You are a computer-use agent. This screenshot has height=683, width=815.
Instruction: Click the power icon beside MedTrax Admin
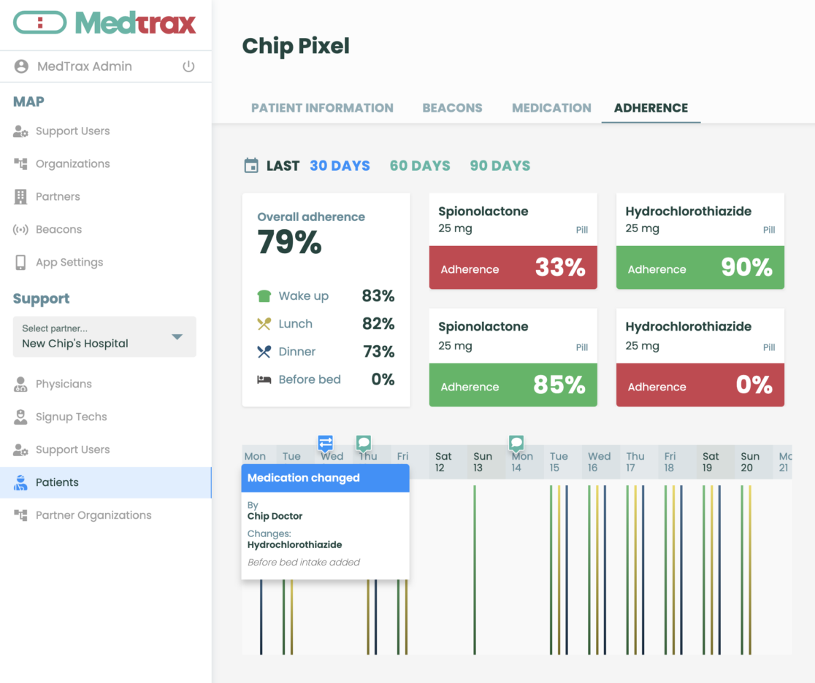point(188,66)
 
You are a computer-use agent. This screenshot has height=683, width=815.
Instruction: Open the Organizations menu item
point(72,164)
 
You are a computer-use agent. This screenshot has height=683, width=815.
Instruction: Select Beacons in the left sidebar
point(58,230)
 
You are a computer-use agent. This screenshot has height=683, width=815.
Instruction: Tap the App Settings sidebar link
point(69,263)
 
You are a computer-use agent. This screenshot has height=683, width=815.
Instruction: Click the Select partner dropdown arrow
point(177,337)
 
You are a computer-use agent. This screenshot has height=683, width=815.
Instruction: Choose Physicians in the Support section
point(64,384)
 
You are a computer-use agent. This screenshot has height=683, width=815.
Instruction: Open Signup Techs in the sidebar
point(71,417)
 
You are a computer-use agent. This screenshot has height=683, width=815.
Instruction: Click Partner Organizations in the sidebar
point(93,515)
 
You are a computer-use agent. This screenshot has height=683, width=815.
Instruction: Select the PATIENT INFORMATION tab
point(322,108)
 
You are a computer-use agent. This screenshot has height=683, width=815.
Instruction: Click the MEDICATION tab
point(551,108)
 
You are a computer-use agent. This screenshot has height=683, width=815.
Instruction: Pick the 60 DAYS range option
point(420,166)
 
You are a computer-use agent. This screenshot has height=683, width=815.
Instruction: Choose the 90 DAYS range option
point(500,166)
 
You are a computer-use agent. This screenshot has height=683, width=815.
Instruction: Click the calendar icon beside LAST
point(251,166)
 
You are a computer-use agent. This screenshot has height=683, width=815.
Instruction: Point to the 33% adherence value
point(560,268)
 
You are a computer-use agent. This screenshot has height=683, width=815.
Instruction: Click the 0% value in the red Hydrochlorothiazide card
point(754,385)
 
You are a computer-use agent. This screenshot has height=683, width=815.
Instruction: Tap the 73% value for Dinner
point(379,352)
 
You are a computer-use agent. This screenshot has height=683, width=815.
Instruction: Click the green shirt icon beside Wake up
point(264,296)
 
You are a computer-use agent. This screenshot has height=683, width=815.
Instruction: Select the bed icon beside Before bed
point(264,379)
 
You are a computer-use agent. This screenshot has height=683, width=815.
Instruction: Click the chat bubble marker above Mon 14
point(516,443)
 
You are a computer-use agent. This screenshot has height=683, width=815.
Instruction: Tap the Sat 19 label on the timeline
point(711,462)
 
